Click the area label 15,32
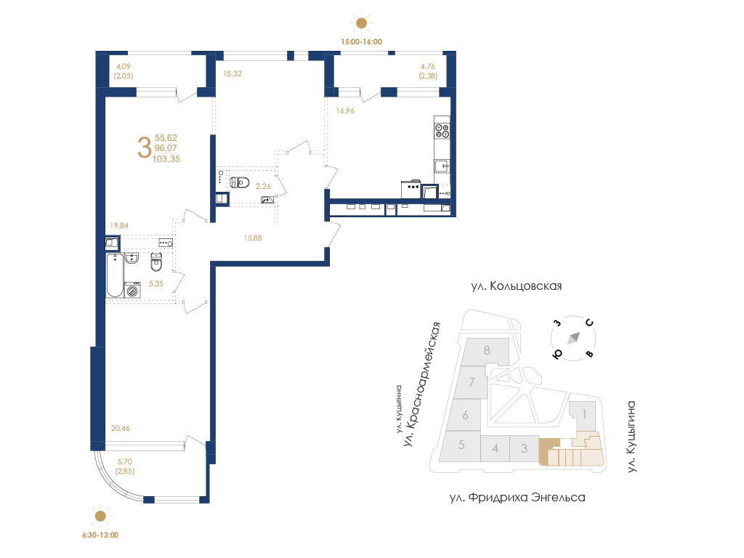point(232,73)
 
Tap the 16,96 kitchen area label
point(345,110)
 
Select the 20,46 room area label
point(120,428)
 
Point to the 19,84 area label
point(119,225)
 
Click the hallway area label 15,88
point(253,238)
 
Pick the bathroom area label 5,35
point(155,284)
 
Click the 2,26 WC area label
point(263,187)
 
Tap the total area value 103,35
point(166,159)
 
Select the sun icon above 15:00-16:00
point(362,23)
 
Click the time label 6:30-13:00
point(100,535)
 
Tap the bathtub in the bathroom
point(115,275)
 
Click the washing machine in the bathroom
point(132,290)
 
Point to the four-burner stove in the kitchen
point(442,130)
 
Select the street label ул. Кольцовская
point(517,286)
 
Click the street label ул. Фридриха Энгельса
point(517,497)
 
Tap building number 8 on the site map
point(487,350)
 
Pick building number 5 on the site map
point(461,445)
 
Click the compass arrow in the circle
point(574,339)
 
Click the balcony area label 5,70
point(125,461)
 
